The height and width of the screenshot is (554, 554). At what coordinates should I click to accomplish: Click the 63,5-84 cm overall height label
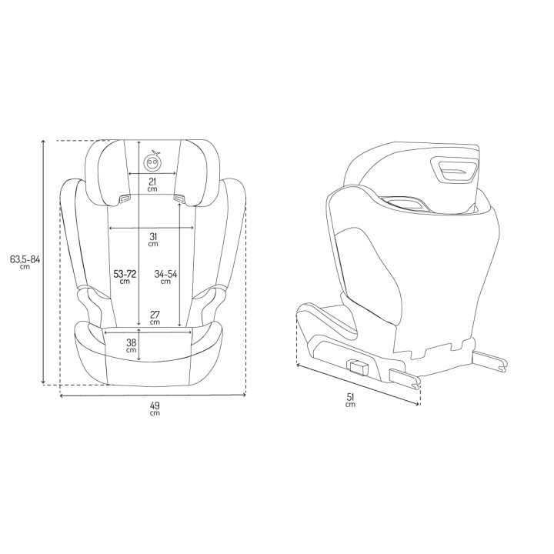25,262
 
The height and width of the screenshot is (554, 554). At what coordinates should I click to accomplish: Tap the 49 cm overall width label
153,407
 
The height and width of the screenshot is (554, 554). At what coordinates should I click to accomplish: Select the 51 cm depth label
350,399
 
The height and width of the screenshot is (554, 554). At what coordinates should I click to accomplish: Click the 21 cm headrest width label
152,184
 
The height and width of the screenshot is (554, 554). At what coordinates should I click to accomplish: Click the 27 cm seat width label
155,317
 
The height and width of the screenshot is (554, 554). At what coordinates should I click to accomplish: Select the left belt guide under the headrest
123,200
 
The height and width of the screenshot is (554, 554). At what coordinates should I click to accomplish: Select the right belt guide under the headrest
182,199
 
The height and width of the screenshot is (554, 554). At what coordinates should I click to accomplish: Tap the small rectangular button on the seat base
359,366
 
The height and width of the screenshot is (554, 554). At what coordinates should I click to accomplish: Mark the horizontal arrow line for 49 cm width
153,396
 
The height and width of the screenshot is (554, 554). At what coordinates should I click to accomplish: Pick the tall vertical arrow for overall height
44,262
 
